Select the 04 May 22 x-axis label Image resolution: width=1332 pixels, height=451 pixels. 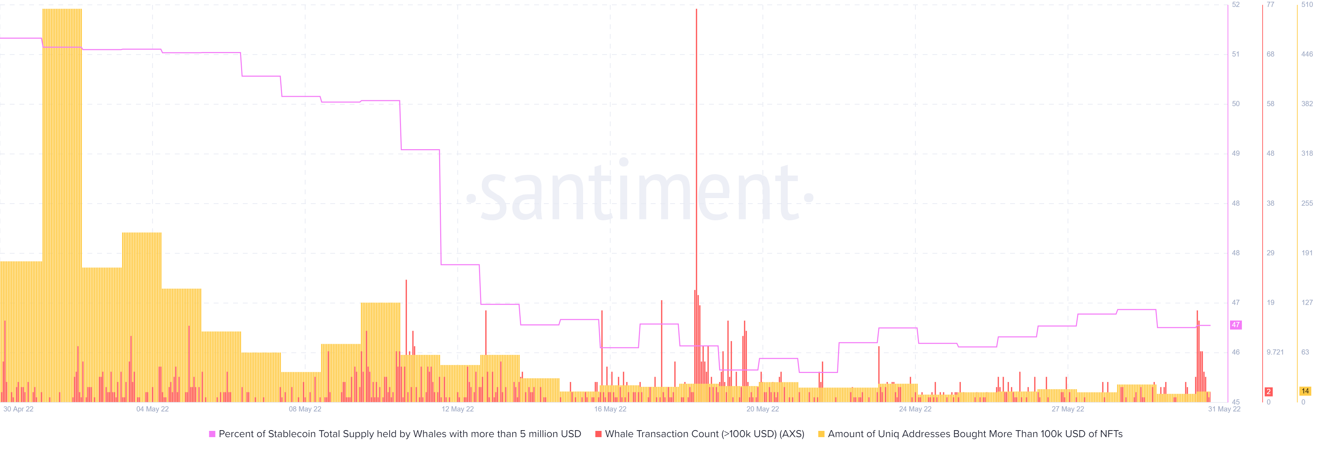153,409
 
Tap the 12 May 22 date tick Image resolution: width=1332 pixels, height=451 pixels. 458,409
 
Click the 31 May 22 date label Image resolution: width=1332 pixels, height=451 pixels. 1224,409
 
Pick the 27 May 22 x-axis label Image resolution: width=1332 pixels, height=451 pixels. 1068,409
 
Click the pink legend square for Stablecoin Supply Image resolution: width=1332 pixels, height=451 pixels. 212,434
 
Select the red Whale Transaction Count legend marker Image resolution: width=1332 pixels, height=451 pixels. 598,434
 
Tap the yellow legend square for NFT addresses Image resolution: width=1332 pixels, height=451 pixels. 821,434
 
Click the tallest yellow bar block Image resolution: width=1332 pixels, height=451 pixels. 62,155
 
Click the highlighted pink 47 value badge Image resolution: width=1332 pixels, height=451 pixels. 1235,325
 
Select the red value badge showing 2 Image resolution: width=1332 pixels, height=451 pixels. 1269,392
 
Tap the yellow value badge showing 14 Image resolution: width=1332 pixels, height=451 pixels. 1305,391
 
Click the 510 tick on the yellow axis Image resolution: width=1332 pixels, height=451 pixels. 1307,5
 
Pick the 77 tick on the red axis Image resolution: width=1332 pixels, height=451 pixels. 1271,5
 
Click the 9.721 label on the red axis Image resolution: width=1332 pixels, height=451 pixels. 1275,352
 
